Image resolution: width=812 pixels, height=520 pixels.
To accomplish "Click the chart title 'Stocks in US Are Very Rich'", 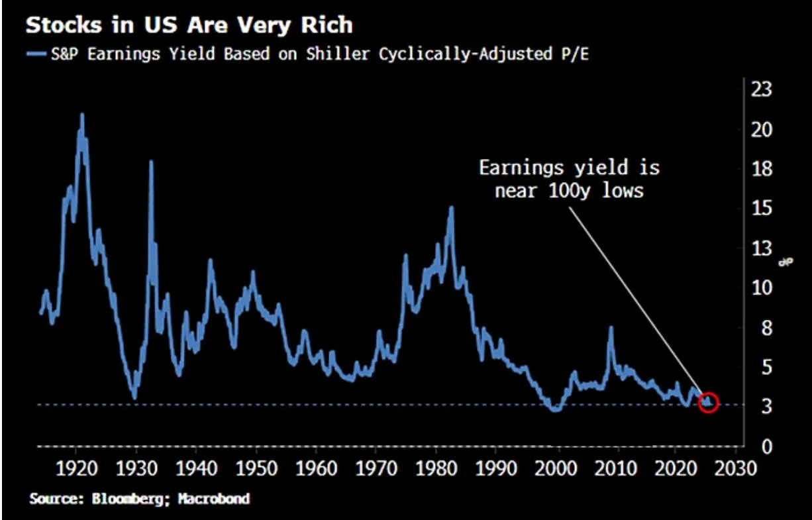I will (188, 26).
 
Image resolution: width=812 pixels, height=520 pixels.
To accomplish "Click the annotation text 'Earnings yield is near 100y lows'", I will (569, 179).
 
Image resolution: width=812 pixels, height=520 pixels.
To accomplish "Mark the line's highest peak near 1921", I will (82, 115).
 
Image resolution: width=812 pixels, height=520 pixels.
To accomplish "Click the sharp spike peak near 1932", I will (151, 162).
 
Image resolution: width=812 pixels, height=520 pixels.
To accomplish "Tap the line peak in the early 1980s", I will (452, 207).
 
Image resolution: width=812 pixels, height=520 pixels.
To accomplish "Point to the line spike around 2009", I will (611, 327).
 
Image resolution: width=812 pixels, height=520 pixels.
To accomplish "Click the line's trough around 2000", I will (556, 409).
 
